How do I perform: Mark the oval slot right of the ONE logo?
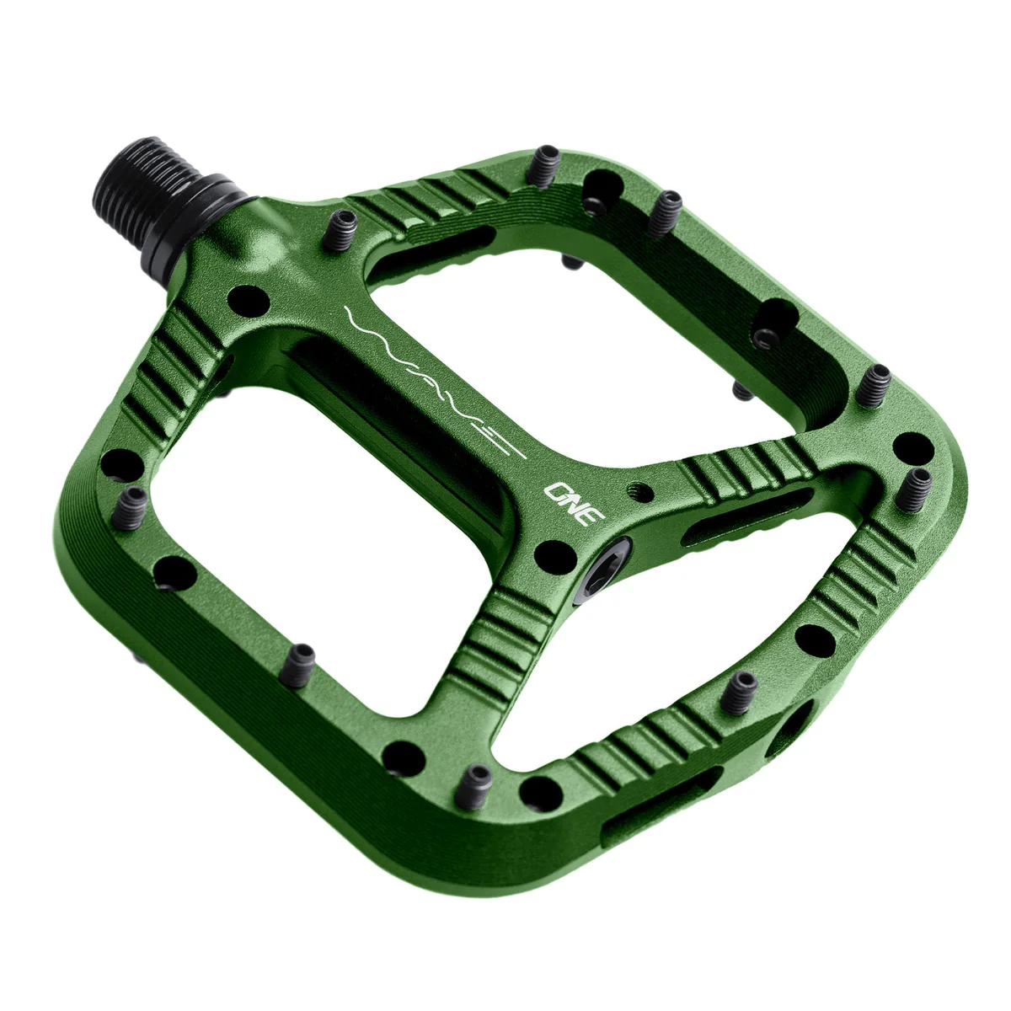point(746,515)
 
